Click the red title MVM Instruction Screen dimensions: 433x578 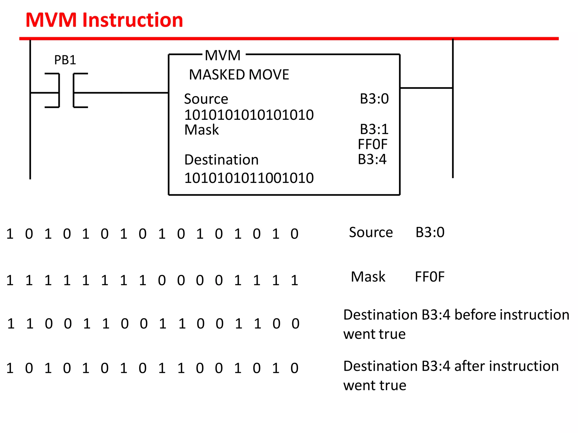click(x=104, y=20)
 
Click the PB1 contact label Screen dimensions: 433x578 click(x=65, y=60)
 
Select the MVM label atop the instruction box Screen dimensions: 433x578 click(x=222, y=55)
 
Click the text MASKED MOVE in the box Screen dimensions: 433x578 click(x=239, y=75)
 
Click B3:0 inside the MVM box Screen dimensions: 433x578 click(x=374, y=99)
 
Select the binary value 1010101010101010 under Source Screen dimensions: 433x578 click(x=249, y=115)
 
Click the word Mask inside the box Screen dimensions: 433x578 click(x=202, y=130)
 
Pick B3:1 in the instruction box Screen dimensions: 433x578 click(x=374, y=129)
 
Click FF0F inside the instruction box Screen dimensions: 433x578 click(x=373, y=144)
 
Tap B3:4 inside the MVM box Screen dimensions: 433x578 click(x=372, y=160)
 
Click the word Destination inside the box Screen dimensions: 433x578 click(x=221, y=160)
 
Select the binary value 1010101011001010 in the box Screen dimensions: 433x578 click(x=249, y=178)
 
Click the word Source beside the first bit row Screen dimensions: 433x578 click(x=371, y=233)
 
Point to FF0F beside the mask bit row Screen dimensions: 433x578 click(x=430, y=277)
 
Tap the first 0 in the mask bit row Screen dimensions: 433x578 click(x=162, y=280)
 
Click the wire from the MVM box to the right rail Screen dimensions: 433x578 click(x=426, y=88)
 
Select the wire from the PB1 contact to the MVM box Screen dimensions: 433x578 click(x=121, y=92)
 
